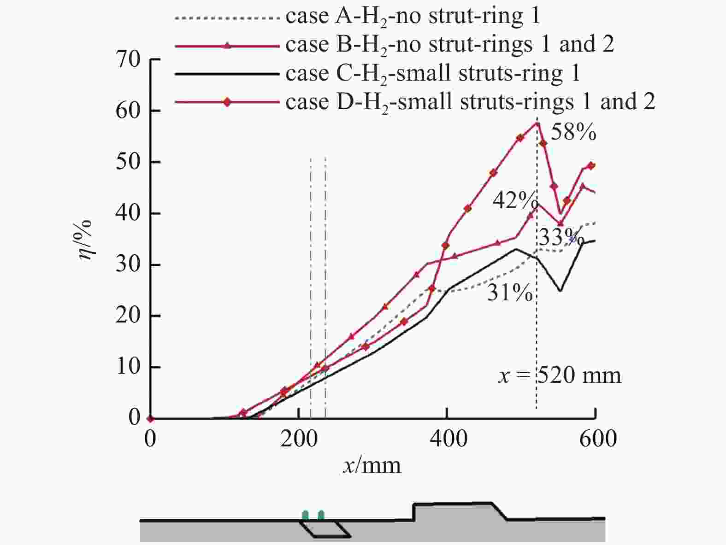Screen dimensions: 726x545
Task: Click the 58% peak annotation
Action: (573, 132)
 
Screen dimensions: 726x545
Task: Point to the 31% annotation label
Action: (510, 292)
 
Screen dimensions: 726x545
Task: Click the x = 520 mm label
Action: (560, 375)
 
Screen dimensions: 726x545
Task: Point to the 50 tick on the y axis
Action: (128, 162)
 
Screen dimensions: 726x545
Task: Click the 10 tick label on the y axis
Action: (128, 367)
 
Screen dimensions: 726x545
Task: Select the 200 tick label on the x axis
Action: (299, 438)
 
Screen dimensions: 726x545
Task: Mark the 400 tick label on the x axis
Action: (449, 438)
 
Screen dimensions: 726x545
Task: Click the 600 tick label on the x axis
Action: (598, 438)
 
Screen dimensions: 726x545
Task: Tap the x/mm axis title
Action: (372, 465)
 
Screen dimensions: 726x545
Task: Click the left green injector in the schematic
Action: (306, 515)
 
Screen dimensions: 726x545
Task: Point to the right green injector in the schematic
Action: (321, 515)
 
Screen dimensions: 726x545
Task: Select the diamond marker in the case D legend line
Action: (227, 102)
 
